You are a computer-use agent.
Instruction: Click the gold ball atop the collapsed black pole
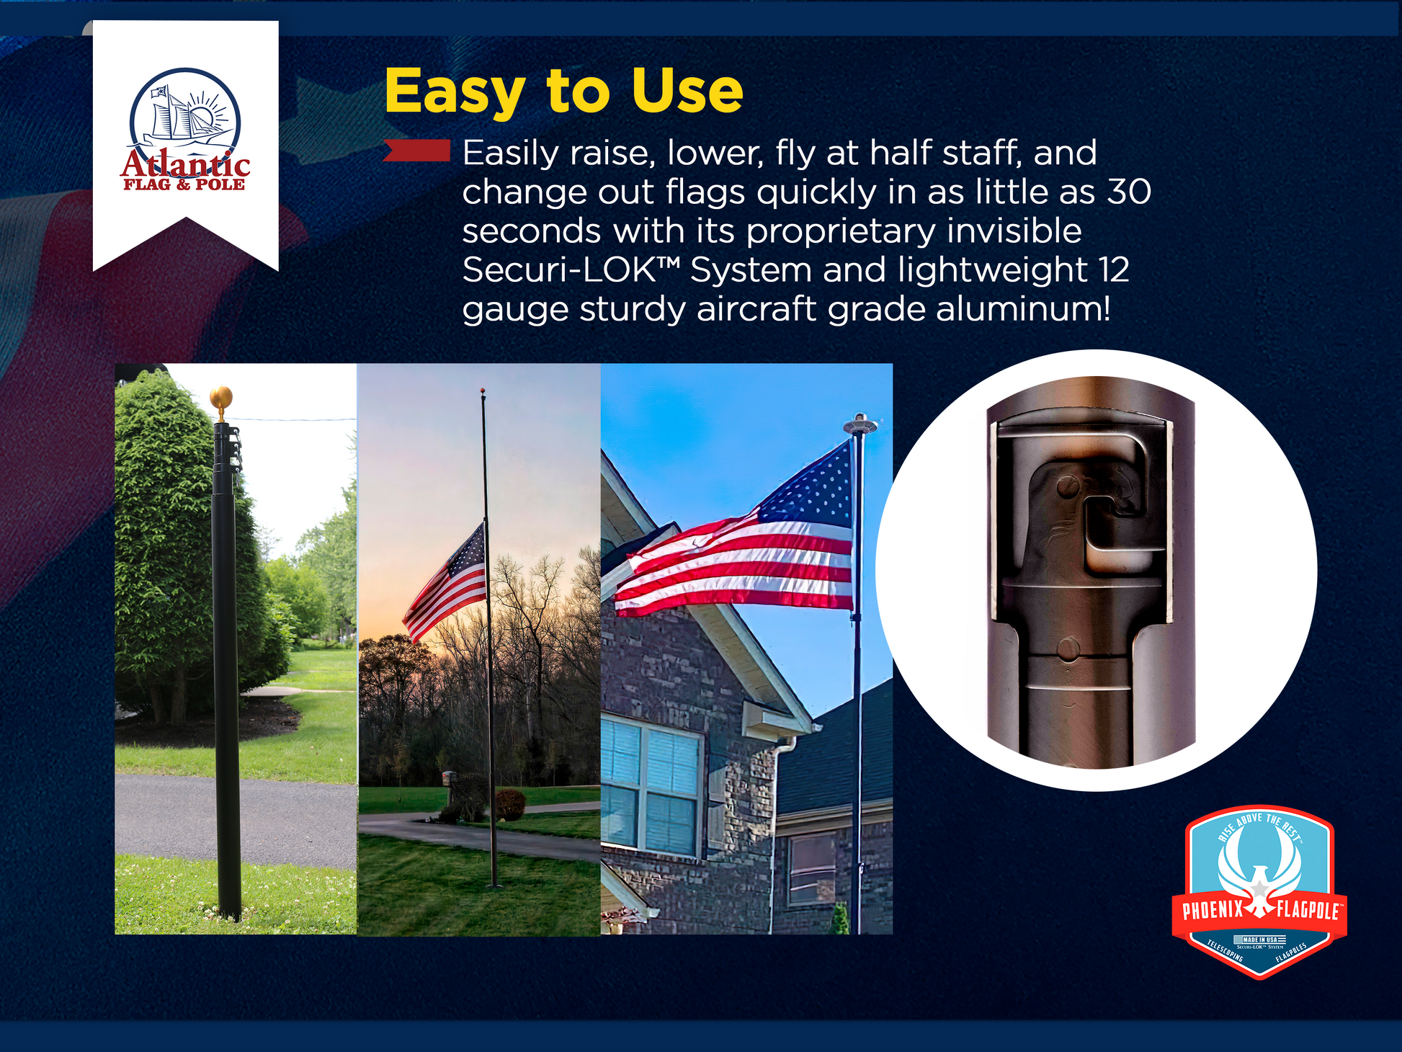(x=220, y=398)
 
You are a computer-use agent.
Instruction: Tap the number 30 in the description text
(x=1129, y=192)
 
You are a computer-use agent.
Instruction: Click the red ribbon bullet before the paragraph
(x=417, y=151)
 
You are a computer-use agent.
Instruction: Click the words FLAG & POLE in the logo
(x=184, y=184)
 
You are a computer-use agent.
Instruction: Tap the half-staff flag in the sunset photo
(x=447, y=584)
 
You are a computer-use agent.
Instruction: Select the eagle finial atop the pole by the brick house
(x=860, y=423)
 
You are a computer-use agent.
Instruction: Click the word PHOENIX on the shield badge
(x=1213, y=910)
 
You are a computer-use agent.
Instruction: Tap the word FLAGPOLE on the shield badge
(x=1307, y=910)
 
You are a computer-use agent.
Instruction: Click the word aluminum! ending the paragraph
(x=1023, y=309)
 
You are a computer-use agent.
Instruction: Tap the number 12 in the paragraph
(x=1114, y=270)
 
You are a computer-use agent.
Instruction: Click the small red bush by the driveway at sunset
(x=510, y=804)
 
